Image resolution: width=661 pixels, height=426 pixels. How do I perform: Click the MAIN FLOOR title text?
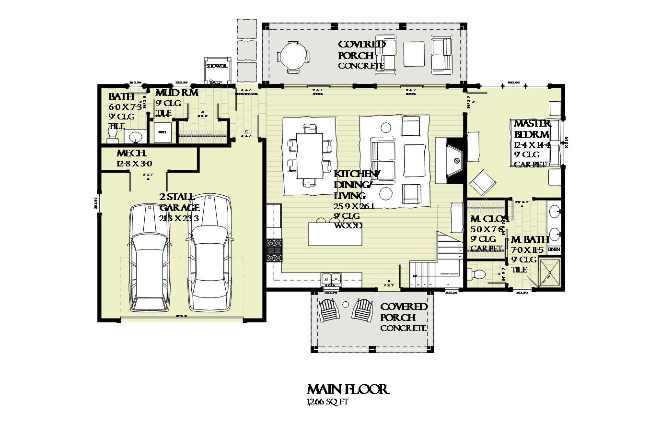tap(348, 389)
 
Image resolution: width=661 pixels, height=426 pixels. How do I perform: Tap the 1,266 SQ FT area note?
tap(327, 402)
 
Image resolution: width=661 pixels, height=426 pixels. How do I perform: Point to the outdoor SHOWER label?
tap(216, 66)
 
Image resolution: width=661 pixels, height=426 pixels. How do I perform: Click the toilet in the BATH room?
tap(112, 138)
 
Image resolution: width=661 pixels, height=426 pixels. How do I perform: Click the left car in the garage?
tap(150, 258)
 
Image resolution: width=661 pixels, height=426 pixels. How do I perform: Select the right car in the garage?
tap(209, 253)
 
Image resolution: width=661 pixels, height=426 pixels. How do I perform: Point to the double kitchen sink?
tap(331, 278)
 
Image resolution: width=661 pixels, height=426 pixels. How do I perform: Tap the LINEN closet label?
tap(554, 249)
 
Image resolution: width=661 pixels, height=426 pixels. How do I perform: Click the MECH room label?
tap(131, 154)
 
